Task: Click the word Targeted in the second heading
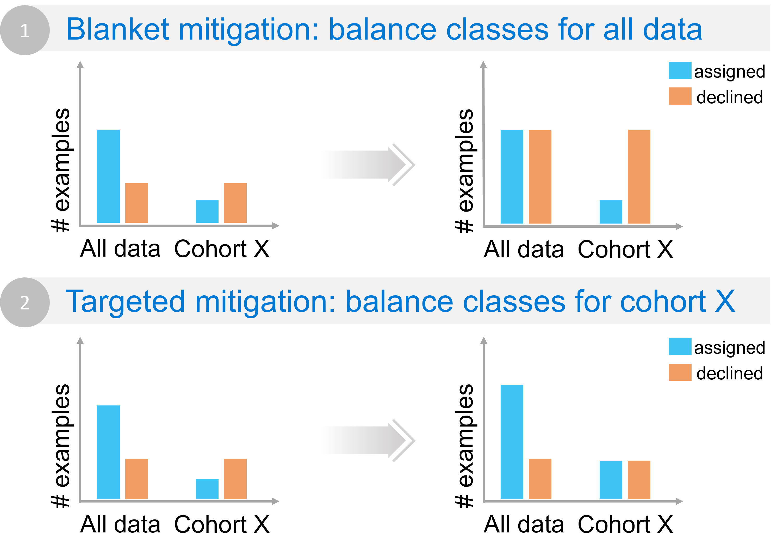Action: pos(125,301)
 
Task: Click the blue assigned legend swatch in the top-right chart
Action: pos(680,71)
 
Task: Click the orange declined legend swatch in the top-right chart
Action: pos(680,96)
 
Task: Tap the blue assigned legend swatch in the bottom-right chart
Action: pos(680,347)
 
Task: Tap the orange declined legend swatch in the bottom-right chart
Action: pos(680,372)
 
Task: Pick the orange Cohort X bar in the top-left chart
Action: pos(235,203)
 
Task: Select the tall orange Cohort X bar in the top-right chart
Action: pos(639,176)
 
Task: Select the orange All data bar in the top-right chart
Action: pos(540,177)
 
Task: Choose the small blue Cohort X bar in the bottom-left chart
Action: pos(207,489)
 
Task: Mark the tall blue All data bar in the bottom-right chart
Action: pos(512,441)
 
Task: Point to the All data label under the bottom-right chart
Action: pos(524,524)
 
